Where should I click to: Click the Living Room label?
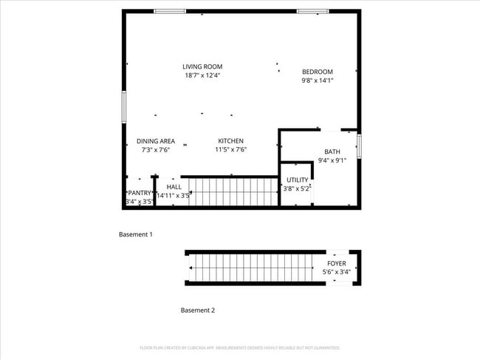[202, 67]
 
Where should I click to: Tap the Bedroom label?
[318, 72]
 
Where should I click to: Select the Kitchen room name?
[230, 141]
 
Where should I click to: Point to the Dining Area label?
[155, 141]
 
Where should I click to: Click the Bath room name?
[332, 152]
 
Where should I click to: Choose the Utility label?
[298, 180]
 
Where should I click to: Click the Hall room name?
[174, 187]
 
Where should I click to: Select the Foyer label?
[336, 263]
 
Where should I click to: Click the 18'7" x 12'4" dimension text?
[202, 75]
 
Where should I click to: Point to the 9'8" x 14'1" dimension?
[318, 81]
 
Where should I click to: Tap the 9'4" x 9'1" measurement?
[332, 160]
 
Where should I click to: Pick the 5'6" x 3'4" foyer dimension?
[336, 272]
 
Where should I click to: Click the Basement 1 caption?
[136, 234]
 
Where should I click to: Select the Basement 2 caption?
[198, 310]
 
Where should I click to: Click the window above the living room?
[169, 11]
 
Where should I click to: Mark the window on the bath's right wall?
[359, 146]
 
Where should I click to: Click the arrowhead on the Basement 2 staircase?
[191, 268]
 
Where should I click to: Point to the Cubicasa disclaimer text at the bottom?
[239, 347]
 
